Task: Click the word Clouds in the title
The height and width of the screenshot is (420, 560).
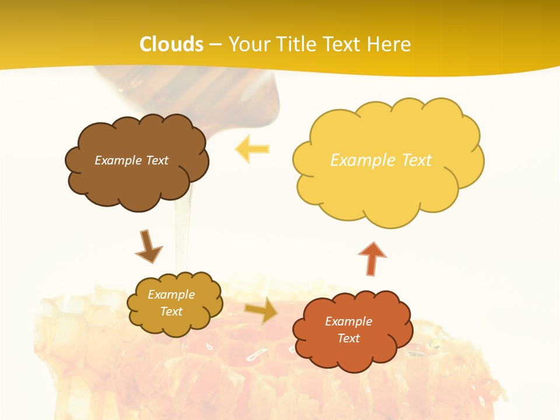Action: click(x=171, y=44)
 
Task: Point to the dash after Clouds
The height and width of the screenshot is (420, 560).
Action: click(x=216, y=45)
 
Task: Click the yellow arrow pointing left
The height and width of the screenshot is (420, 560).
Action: click(x=252, y=149)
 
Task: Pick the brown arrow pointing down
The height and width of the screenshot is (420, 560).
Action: click(x=148, y=246)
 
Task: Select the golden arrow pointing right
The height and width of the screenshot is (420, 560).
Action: click(x=261, y=310)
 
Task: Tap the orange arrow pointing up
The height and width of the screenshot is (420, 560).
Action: click(x=372, y=258)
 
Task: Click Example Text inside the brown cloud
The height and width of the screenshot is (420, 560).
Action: click(x=131, y=160)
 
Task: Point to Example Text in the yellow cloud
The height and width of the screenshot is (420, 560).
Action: click(x=381, y=160)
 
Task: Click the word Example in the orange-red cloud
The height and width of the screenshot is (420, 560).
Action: click(x=348, y=321)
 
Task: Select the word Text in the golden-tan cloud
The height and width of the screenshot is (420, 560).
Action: click(x=171, y=311)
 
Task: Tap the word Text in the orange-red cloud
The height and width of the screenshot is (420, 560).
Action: click(x=348, y=338)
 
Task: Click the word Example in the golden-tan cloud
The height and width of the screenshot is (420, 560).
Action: click(x=171, y=295)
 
